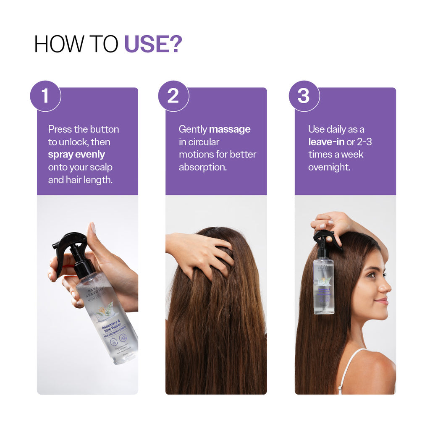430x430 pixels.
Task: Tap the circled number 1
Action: (x=45, y=96)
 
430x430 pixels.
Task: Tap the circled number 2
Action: (x=173, y=96)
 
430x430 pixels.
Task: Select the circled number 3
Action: (x=304, y=96)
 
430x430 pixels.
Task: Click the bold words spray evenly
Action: (x=76, y=154)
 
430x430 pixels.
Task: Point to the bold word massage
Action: (x=230, y=129)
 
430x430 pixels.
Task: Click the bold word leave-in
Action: (x=326, y=142)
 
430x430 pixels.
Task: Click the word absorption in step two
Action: (x=202, y=167)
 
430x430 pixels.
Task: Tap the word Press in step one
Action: (x=60, y=129)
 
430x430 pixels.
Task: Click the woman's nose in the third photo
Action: (x=386, y=286)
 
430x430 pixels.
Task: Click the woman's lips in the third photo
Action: (x=382, y=301)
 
